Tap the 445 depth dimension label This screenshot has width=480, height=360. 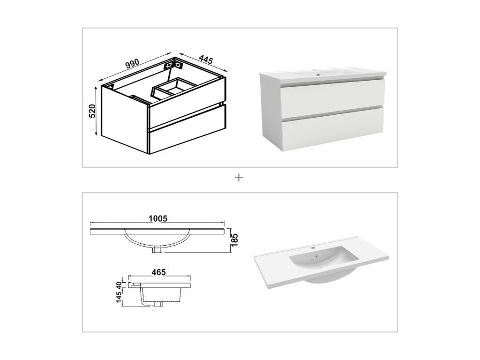tap(205, 60)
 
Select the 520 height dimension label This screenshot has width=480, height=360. tap(92, 111)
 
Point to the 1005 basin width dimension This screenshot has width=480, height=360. tap(157, 218)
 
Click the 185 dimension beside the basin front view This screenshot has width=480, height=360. tap(235, 240)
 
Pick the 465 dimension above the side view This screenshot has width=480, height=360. tap(159, 272)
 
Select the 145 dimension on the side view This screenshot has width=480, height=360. tap(119, 297)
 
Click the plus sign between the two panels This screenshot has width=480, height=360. tap(239, 178)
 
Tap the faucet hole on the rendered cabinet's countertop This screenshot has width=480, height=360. tap(317, 74)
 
